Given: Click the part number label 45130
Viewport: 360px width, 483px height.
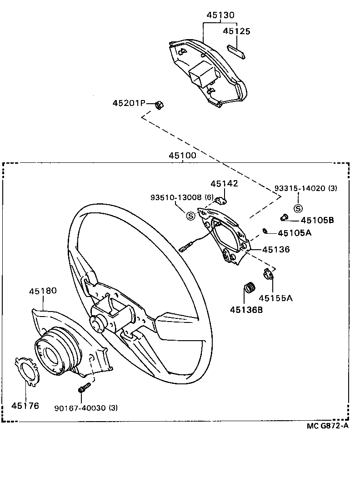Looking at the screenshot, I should coord(220,15).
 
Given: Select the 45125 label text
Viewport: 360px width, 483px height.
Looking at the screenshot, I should coord(236,31).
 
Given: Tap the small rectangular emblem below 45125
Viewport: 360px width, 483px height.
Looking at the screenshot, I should coord(236,50).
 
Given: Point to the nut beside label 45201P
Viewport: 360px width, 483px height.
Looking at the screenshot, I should coord(160,104).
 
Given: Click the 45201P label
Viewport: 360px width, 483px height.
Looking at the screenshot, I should coord(129,104).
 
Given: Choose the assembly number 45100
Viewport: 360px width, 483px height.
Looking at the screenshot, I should coord(182,156).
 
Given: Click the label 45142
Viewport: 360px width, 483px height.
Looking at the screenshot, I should coord(224,183).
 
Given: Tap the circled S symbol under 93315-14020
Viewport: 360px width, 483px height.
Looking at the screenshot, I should coord(298,208).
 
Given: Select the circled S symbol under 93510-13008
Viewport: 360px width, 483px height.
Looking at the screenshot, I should coord(192,216).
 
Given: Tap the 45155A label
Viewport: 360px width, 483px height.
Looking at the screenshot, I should coord(276,298).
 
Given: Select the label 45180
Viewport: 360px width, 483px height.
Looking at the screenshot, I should coord(43,291).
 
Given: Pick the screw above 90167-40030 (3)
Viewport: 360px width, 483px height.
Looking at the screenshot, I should coord(84,388).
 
